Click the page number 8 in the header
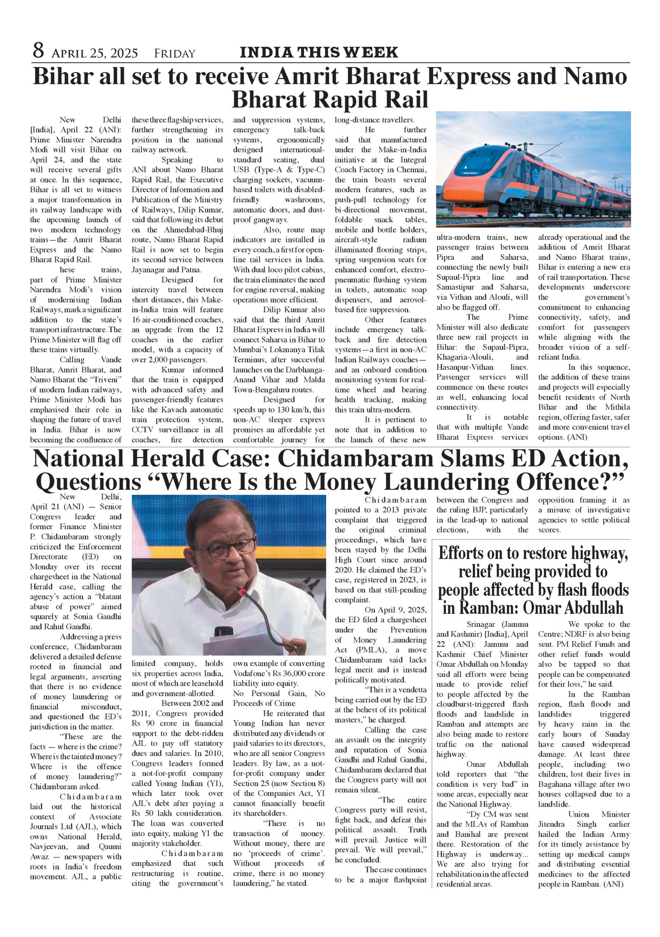point(38,51)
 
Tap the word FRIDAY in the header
point(175,54)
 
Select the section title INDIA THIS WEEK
point(319,52)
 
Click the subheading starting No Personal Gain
point(279,698)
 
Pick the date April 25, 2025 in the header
point(95,54)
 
